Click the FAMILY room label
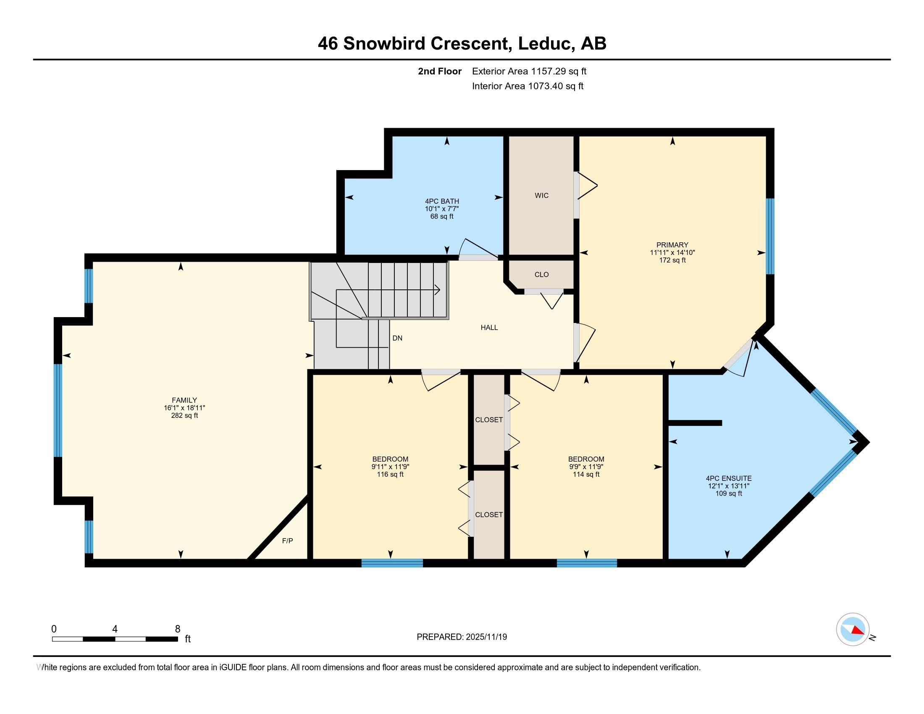184,400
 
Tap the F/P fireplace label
287,541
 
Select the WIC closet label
541,195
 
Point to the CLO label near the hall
541,275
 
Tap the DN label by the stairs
397,338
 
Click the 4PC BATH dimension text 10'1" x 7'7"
442,209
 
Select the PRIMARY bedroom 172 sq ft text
672,260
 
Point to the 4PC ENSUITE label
729,478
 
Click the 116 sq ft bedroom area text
390,474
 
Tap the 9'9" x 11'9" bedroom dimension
586,467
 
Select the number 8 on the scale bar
177,629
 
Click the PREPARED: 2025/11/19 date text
462,637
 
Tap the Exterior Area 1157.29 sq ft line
529,71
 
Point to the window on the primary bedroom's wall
770,236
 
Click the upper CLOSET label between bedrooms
488,420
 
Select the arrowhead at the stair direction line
438,290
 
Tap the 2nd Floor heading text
439,71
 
